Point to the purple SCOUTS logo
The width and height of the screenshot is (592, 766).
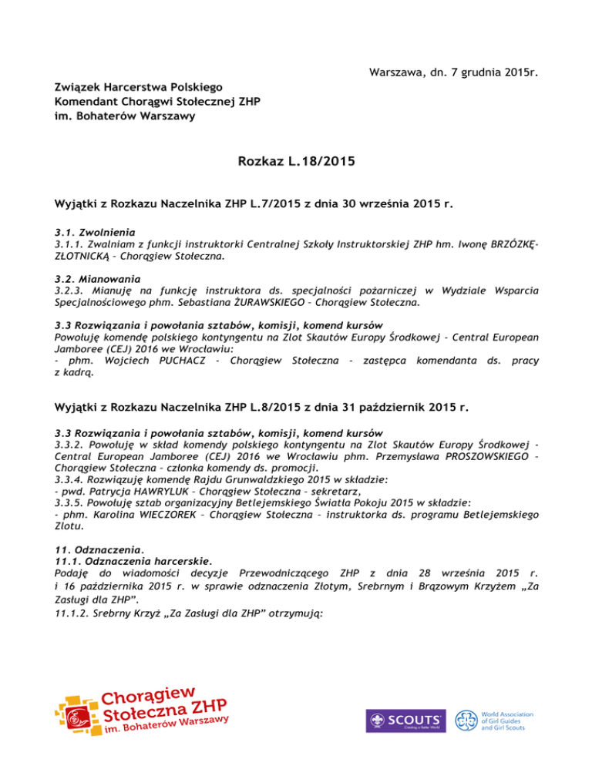tap(405, 720)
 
